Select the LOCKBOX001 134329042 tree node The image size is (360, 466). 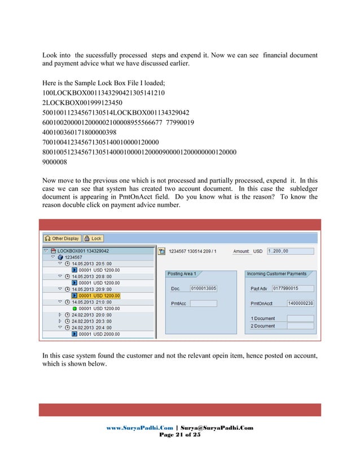tap(82, 251)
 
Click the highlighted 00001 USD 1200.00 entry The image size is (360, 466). tap(99, 295)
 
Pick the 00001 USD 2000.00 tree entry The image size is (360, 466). tap(99, 335)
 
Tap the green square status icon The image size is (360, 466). tap(74, 309)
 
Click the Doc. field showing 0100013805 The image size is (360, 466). tap(203, 289)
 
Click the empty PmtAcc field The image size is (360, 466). tap(203, 304)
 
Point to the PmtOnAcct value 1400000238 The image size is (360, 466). tap(301, 304)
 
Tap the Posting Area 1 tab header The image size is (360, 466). tap(182, 274)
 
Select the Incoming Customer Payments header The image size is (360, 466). tap(276, 274)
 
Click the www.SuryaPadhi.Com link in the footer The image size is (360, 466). tap(141, 428)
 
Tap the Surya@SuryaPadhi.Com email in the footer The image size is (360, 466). tap(218, 428)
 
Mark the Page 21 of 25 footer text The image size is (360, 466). tap(179, 436)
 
